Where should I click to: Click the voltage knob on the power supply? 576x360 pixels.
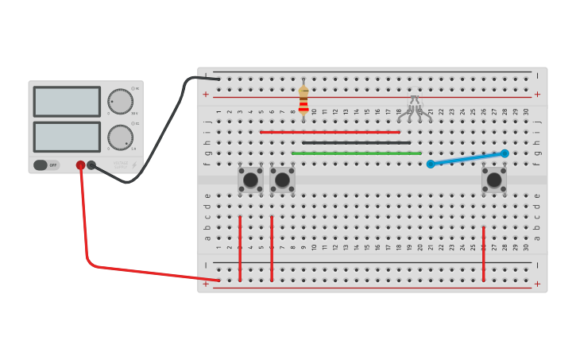pyautogui.click(x=120, y=101)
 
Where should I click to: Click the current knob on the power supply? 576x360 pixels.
pyautogui.click(x=120, y=137)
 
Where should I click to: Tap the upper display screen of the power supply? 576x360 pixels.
pyautogui.click(x=67, y=102)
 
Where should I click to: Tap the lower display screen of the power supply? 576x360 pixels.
pyautogui.click(x=67, y=137)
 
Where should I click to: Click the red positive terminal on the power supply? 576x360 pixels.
pyautogui.click(x=80, y=165)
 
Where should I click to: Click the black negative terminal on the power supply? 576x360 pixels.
pyautogui.click(x=91, y=165)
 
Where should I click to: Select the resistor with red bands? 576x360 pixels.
pyautogui.click(x=303, y=101)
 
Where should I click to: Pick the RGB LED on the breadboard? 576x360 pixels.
pyautogui.click(x=415, y=106)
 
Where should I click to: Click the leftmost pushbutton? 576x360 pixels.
pyautogui.click(x=250, y=180)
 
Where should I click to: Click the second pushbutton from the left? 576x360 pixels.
pyautogui.click(x=282, y=180)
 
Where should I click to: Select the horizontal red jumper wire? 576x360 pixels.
pyautogui.click(x=330, y=132)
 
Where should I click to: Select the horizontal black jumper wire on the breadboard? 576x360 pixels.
pyautogui.click(x=356, y=143)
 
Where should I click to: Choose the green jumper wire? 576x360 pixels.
pyautogui.click(x=356, y=153)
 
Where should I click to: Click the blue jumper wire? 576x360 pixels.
pyautogui.click(x=467, y=159)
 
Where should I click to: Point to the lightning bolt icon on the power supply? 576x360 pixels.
pyautogui.click(x=133, y=165)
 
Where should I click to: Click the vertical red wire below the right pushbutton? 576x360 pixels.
pyautogui.click(x=483, y=253)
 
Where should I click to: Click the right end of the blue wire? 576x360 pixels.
pyautogui.click(x=504, y=153)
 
